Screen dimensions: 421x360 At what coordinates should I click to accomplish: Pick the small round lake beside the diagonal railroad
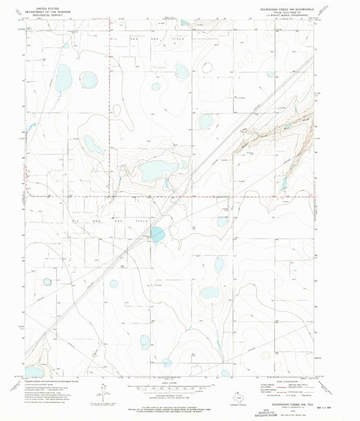[x=157, y=235]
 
